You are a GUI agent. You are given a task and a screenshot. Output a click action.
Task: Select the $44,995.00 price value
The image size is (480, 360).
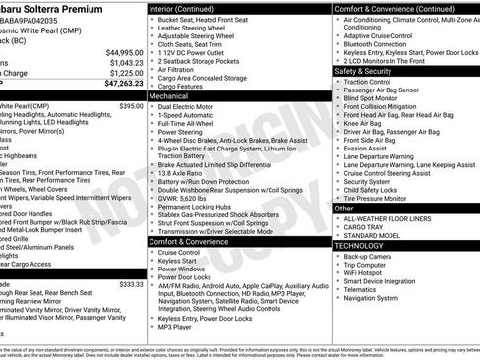coord(122,51)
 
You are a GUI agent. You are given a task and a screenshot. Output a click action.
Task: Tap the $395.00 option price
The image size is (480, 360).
coord(130,105)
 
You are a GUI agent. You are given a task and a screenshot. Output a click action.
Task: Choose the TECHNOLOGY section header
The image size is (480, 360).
coord(362,246)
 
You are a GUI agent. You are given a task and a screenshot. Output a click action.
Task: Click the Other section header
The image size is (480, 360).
coord(344,209)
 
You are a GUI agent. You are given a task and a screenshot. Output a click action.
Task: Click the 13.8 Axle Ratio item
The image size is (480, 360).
coord(182,171)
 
